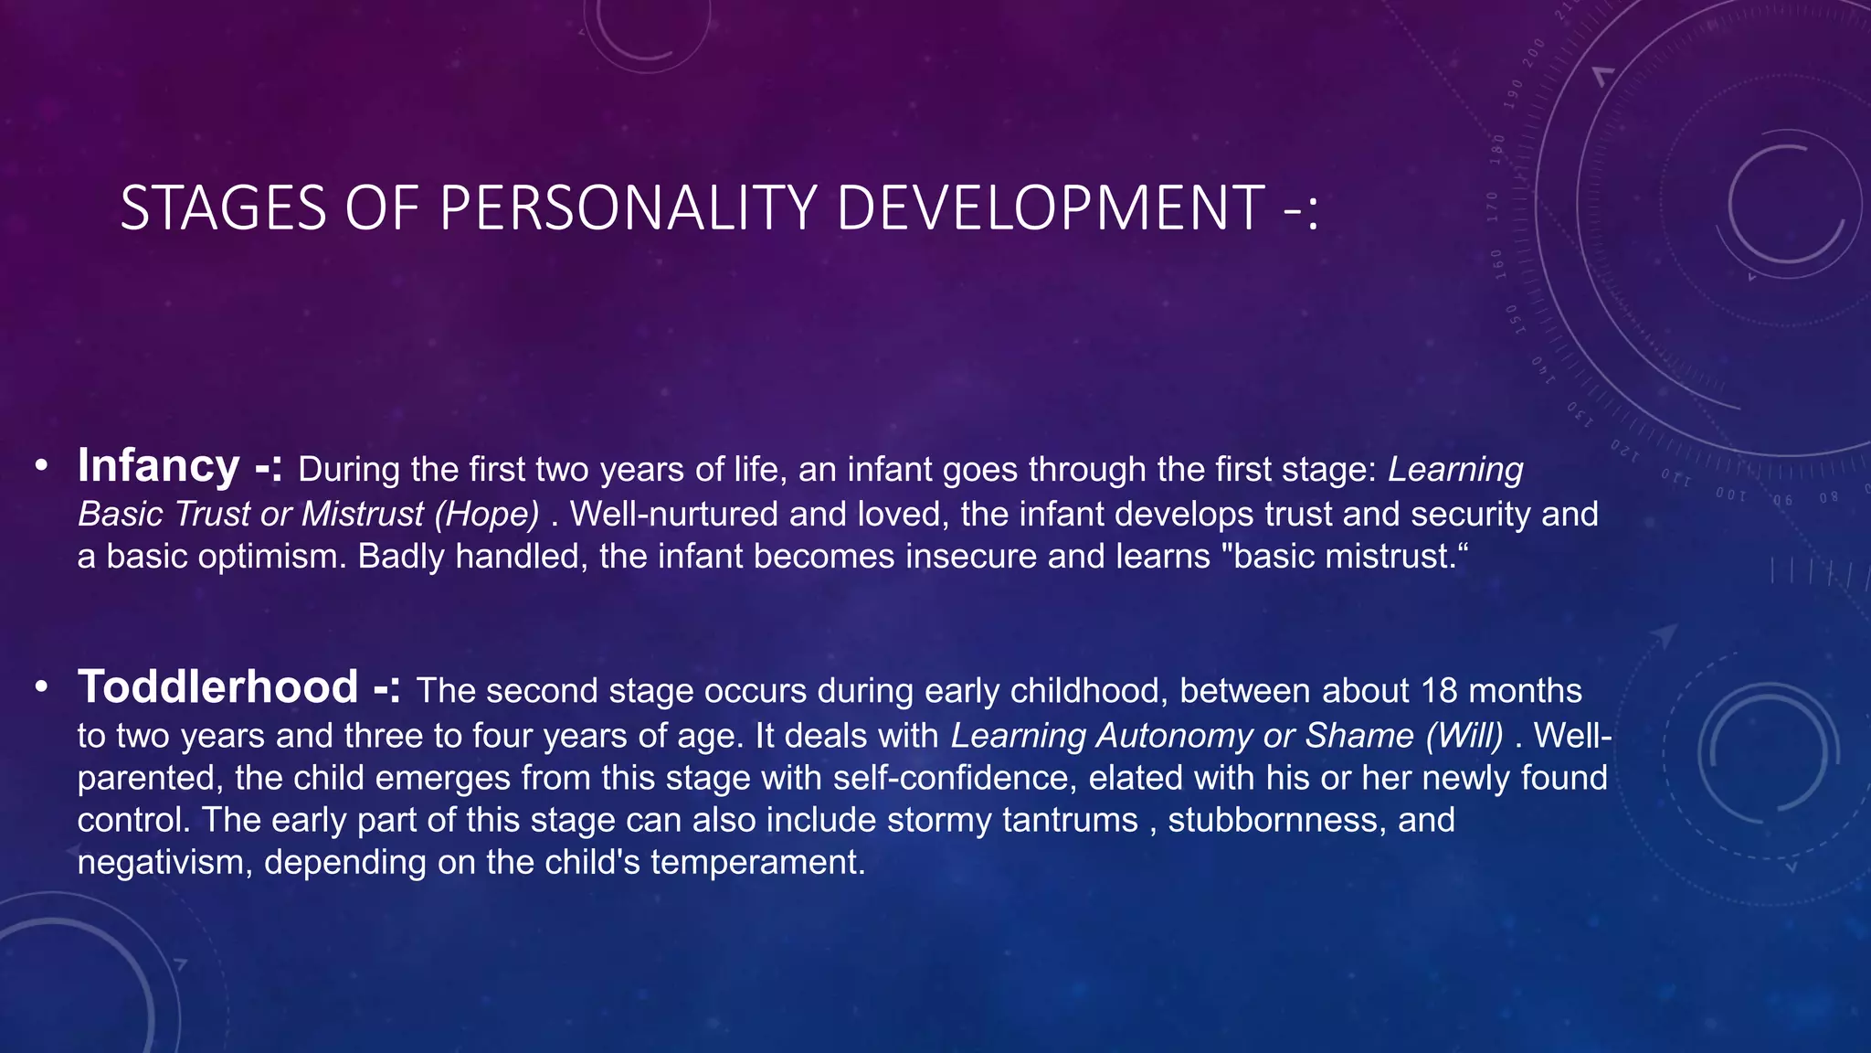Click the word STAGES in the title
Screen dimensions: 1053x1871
pyautogui.click(x=223, y=208)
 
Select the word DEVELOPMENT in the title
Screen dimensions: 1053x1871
pyautogui.click(x=1050, y=208)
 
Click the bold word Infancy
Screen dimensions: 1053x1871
pyautogui.click(x=158, y=466)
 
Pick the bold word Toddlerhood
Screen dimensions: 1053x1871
pyautogui.click(x=217, y=687)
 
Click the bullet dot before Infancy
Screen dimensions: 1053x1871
pyautogui.click(x=41, y=467)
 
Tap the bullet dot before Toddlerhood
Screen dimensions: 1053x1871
pyautogui.click(x=41, y=688)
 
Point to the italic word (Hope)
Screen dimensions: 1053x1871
pyautogui.click(x=487, y=514)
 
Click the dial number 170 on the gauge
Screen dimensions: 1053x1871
pyautogui.click(x=1493, y=207)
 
